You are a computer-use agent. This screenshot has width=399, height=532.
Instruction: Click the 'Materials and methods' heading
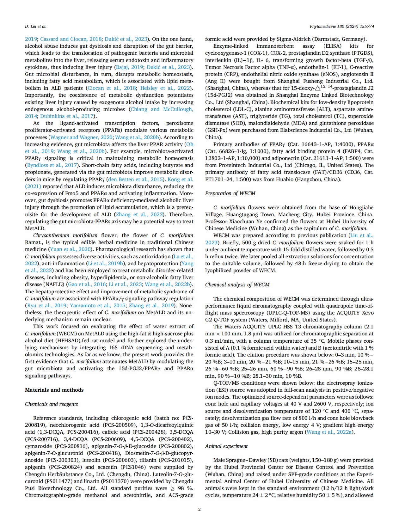click(54, 390)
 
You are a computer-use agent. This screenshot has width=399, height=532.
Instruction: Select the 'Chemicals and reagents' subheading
click(51, 404)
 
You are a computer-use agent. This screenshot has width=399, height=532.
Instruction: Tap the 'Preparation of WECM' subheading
click(230, 193)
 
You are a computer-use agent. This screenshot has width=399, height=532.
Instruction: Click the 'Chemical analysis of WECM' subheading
click(237, 284)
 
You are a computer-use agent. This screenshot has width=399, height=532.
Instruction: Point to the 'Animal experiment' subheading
click(226, 446)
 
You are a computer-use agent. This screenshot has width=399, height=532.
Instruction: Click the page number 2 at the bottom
click(199, 509)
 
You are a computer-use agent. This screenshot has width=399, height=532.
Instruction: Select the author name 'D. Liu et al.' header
click(36, 27)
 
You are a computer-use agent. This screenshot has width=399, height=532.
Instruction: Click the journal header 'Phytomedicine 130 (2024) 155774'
click(342, 27)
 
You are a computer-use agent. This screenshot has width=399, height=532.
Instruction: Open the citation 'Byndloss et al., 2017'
click(52, 165)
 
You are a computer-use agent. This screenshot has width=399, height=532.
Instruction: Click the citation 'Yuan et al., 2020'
click(71, 249)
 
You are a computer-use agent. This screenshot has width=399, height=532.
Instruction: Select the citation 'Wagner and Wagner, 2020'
click(82, 137)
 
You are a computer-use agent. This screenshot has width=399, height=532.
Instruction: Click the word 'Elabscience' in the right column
click(304, 130)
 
